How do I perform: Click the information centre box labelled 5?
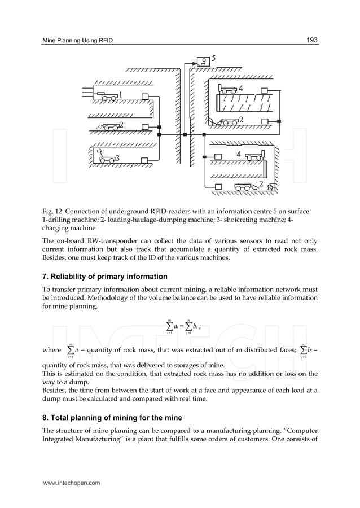(x=203, y=61)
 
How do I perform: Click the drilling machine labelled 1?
(x=107, y=96)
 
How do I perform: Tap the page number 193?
(x=312, y=40)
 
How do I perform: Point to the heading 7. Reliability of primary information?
(x=105, y=277)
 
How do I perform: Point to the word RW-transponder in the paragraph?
(x=102, y=239)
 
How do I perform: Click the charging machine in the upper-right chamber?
(x=229, y=89)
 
